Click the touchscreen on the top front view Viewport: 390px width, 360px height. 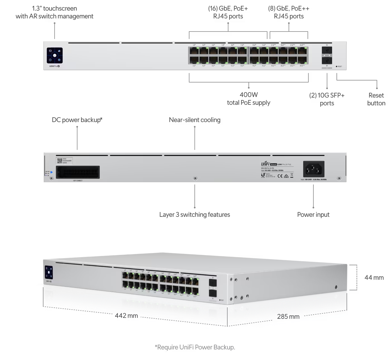click(55, 55)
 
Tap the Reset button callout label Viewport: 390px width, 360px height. click(376, 99)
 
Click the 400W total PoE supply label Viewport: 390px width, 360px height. click(248, 99)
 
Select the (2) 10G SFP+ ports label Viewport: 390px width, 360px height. click(327, 99)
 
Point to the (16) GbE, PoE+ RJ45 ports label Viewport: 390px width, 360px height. click(228, 12)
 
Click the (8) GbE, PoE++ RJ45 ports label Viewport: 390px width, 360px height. click(289, 12)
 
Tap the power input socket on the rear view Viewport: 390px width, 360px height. click(314, 169)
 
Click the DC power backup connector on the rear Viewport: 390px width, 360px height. click(78, 172)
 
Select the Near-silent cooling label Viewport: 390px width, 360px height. click(195, 120)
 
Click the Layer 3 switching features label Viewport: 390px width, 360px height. click(195, 215)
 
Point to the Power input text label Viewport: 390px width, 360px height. click(313, 215)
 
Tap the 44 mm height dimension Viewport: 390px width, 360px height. click(374, 278)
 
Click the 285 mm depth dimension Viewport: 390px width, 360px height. click(288, 317)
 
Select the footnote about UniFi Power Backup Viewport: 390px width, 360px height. click(195, 347)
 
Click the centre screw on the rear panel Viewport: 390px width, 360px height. click(195, 178)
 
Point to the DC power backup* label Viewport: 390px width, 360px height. click(77, 120)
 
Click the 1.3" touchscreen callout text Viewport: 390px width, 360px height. click(54, 12)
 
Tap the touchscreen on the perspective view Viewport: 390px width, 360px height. click(49, 272)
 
